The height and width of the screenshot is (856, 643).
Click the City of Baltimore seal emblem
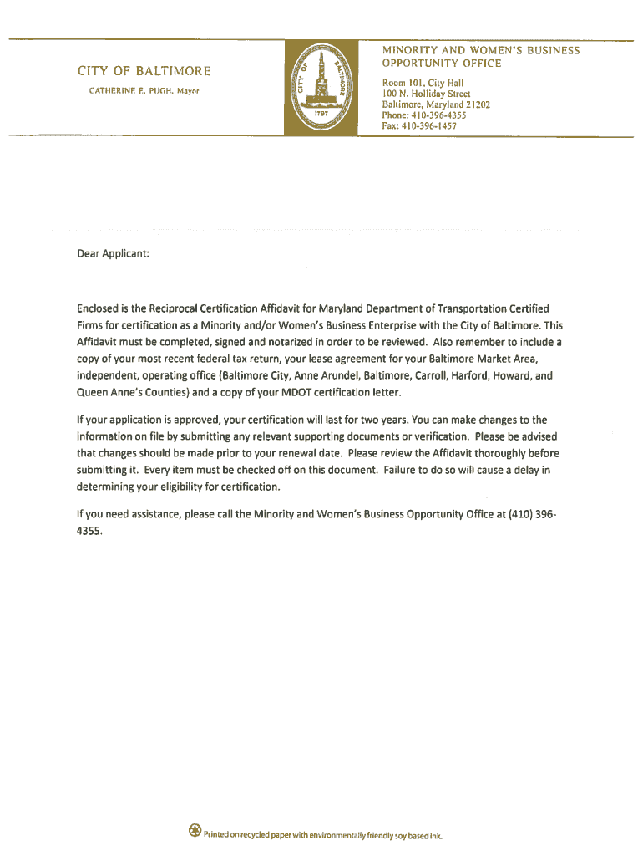coord(321,88)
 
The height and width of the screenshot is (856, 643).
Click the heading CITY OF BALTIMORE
coord(144,70)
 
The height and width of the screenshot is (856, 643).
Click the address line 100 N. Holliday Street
coord(427,94)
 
